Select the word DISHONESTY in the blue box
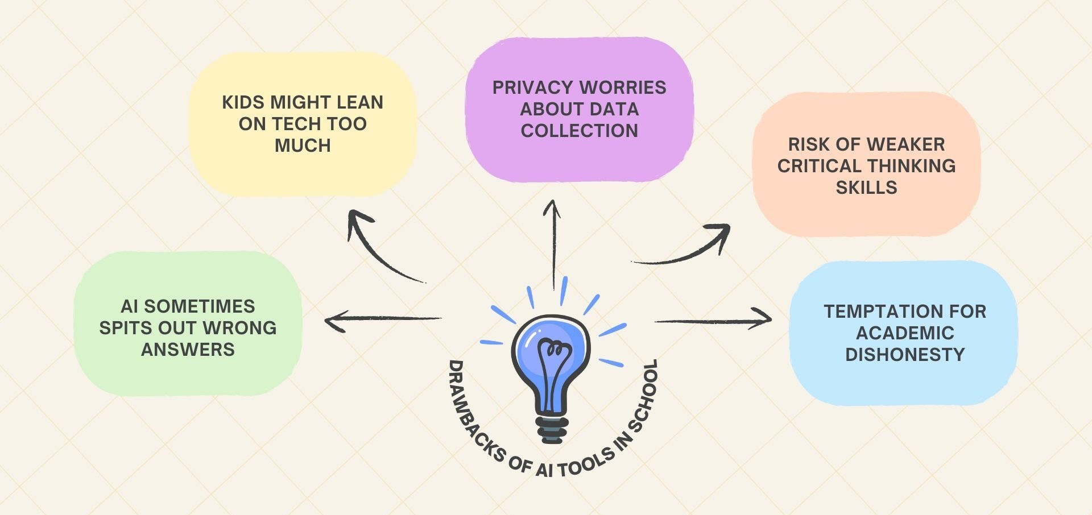coord(905,355)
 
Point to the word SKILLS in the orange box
coord(866,188)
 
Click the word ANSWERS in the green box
coord(188,350)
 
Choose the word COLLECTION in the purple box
coord(579,131)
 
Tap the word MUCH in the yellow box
coord(303,146)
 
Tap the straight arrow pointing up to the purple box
coord(552,244)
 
